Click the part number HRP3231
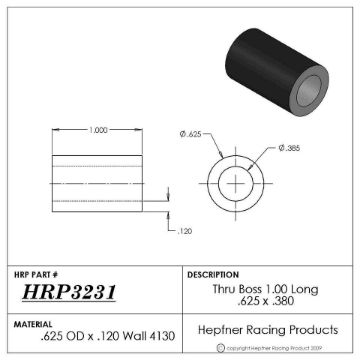click(x=69, y=293)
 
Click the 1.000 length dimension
click(x=98, y=130)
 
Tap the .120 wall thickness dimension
click(x=184, y=231)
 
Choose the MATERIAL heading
click(x=35, y=323)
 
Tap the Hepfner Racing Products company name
click(x=265, y=330)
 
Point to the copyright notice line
click(x=271, y=349)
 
